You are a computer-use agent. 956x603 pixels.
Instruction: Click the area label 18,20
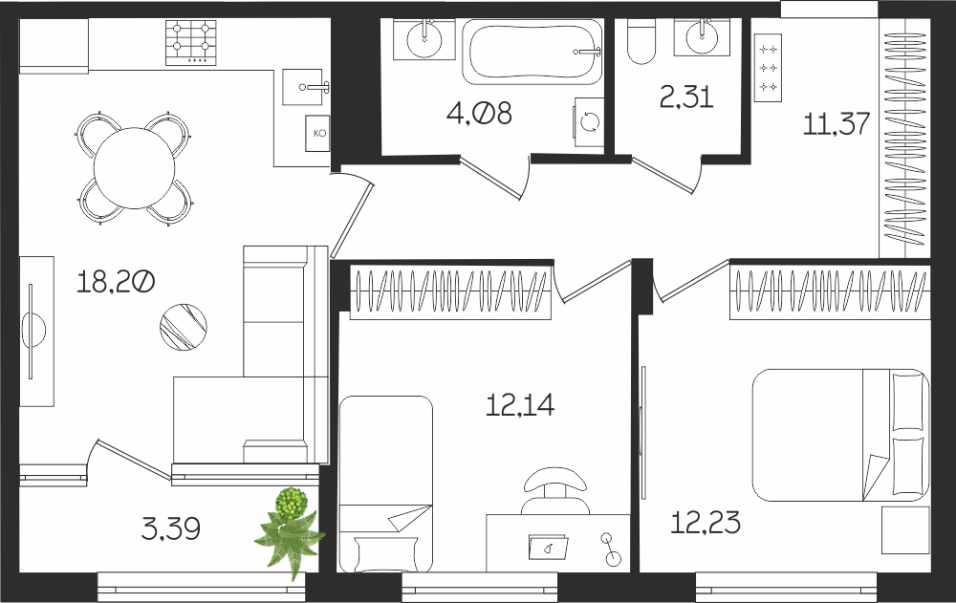point(116,282)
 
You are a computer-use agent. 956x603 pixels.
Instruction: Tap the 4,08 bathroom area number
point(479,114)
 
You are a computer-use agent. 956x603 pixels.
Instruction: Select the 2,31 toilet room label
point(686,97)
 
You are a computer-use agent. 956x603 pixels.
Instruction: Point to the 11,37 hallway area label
point(836,124)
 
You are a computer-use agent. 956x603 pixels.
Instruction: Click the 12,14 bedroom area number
point(520,405)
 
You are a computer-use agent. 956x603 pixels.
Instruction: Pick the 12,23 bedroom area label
point(706,523)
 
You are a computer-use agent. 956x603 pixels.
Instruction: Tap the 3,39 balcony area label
point(171,528)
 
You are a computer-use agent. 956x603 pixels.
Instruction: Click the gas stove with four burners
point(191,43)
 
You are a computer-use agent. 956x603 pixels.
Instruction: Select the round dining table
point(134,167)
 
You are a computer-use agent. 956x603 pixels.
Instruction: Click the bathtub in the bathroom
point(532,52)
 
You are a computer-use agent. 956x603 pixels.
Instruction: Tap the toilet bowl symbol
point(641,41)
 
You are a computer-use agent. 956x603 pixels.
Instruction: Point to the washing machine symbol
point(589,122)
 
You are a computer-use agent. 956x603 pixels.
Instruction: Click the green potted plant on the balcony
point(291,529)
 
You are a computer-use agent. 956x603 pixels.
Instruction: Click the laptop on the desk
point(549,547)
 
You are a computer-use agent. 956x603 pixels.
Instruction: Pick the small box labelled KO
point(317,133)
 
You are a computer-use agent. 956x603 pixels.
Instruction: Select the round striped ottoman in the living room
point(183,328)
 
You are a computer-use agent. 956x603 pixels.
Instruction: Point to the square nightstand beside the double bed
point(906,529)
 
